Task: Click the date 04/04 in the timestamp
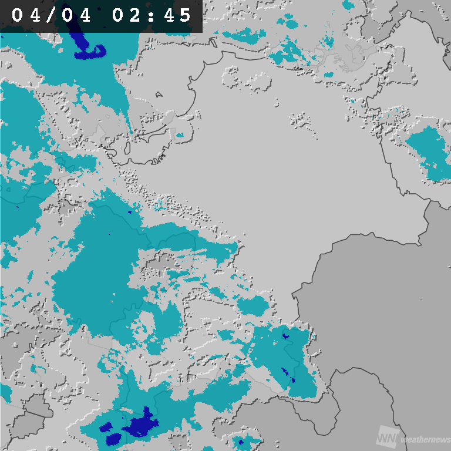pos(52,16)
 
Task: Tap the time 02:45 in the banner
pos(152,16)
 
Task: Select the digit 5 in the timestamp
pos(186,16)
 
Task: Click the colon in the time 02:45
pos(152,16)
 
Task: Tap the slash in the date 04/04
pos(52,16)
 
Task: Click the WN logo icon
pos(386,438)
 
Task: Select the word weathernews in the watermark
pos(425,440)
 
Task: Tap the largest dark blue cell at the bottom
pos(141,424)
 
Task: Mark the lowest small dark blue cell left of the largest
pos(115,438)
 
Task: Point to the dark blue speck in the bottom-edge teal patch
pos(240,441)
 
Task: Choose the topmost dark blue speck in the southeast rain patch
pos(285,336)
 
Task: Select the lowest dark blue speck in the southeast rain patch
pos(292,380)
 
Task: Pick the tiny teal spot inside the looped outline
pos(180,135)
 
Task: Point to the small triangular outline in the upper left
pos(159,94)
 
